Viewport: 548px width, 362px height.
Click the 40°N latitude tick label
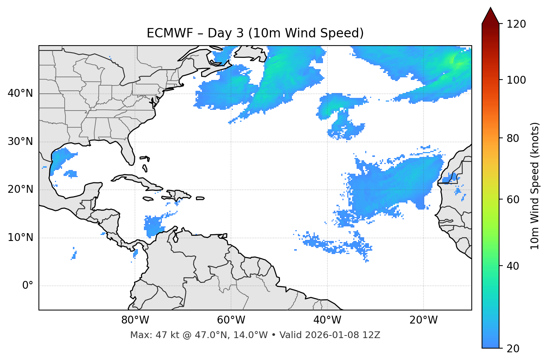pos(20,93)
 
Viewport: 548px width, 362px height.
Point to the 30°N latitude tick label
pos(20,142)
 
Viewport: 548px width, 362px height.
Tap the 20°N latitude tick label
pos(20,189)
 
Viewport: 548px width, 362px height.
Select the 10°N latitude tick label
pos(20,238)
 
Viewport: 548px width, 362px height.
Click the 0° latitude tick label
pos(28,286)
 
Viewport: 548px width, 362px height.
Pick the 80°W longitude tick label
pos(135,320)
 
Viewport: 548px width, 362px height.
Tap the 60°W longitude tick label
pos(231,320)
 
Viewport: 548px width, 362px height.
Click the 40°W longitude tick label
pos(327,320)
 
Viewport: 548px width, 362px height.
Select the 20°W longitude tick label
pos(424,320)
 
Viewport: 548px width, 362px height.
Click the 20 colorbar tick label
pos(512,349)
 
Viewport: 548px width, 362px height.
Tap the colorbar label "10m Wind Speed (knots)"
pos(535,186)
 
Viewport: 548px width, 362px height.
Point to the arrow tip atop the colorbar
pos(490,8)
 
